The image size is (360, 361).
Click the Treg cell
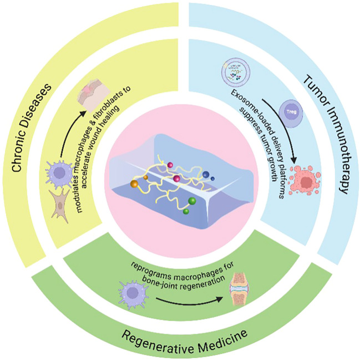(291, 113)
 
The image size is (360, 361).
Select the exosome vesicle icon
(236, 72)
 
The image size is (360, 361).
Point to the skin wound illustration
(94, 95)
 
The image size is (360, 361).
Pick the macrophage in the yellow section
(59, 172)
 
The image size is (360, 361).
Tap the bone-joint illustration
(239, 289)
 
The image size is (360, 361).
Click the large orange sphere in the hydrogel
(134, 184)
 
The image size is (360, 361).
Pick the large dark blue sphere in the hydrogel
(206, 175)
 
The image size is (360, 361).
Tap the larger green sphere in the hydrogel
(192, 201)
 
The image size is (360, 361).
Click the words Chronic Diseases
(31, 128)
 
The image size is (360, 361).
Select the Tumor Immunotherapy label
(326, 135)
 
